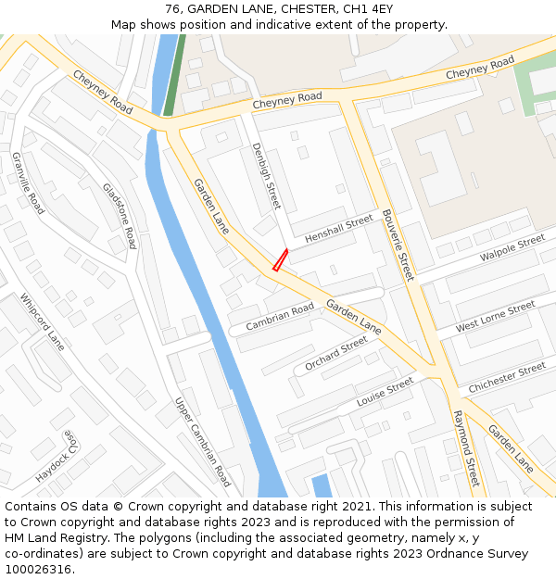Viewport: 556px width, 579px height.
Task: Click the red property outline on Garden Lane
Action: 280,260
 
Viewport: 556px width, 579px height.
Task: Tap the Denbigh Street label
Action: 265,177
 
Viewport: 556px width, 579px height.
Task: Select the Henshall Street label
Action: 338,227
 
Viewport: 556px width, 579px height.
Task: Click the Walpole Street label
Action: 512,248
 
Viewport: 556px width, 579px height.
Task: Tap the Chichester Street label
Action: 507,377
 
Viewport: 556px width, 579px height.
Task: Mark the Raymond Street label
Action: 466,447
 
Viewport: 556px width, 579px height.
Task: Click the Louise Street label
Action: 385,392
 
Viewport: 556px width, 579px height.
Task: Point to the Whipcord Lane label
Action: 44,322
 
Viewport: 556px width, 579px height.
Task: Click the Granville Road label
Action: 28,183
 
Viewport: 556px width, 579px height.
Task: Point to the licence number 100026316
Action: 37,570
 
